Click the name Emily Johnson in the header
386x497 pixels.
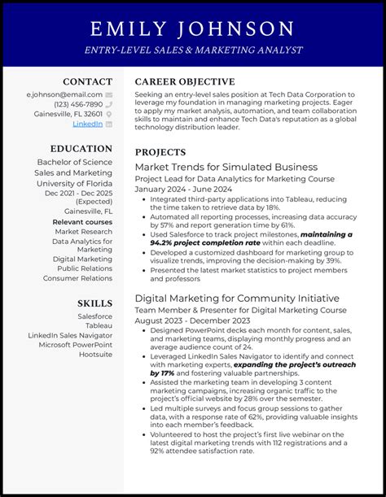pyautogui.click(x=192, y=30)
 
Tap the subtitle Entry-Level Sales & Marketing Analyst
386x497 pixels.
pyautogui.click(x=192, y=50)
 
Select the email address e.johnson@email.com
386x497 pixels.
pyautogui.click(x=64, y=94)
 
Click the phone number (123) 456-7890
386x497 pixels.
pyautogui.click(x=78, y=104)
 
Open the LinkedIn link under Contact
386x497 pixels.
pyautogui.click(x=87, y=124)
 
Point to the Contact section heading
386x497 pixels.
pyautogui.click(x=87, y=81)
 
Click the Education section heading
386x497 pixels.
pyautogui.click(x=81, y=149)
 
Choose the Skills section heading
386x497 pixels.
pyautogui.click(x=94, y=303)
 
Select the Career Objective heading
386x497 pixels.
pyautogui.click(x=185, y=81)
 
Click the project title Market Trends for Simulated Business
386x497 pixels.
pyautogui.click(x=226, y=167)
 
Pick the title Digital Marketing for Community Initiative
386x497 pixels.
pyautogui.click(x=236, y=298)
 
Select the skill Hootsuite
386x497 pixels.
pyautogui.click(x=95, y=355)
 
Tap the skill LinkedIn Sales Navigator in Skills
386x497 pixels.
pyautogui.click(x=70, y=335)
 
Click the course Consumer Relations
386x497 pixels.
pyautogui.click(x=77, y=278)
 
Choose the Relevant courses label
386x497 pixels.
pyautogui.click(x=82, y=221)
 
